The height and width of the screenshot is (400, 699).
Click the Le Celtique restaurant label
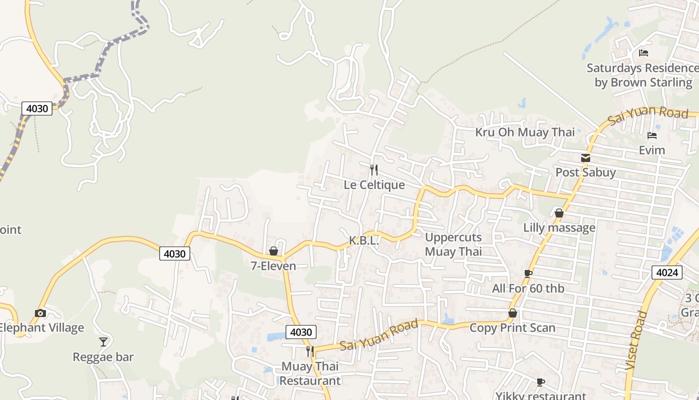(374, 185)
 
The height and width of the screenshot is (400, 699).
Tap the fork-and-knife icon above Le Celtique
(373, 170)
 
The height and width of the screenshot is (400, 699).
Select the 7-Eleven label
(273, 266)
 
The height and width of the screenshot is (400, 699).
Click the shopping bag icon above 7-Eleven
(273, 251)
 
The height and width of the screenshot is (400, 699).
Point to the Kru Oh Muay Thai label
(525, 132)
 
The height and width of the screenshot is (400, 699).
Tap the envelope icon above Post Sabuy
(586, 158)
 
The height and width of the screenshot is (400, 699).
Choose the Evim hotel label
(652, 150)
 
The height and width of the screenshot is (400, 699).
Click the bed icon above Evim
(652, 135)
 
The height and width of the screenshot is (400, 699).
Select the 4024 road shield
(667, 272)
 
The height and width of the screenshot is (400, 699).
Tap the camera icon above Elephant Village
(40, 313)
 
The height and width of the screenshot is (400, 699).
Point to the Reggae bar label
(103, 357)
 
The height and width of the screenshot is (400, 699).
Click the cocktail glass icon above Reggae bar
(103, 342)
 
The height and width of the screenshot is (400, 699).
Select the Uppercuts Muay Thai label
(453, 244)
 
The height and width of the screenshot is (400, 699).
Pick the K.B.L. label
(364, 240)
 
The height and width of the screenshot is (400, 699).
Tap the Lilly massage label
(559, 228)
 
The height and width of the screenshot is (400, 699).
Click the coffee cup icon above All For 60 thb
(528, 273)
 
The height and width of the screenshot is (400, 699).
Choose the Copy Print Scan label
(512, 328)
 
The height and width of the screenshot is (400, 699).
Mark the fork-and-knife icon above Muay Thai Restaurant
(310, 351)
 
